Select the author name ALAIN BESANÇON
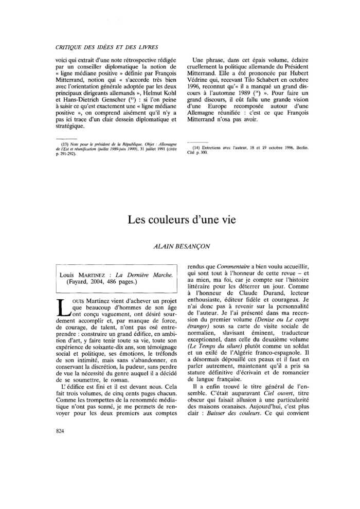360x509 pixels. click(x=179, y=247)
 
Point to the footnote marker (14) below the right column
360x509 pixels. click(x=196, y=148)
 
